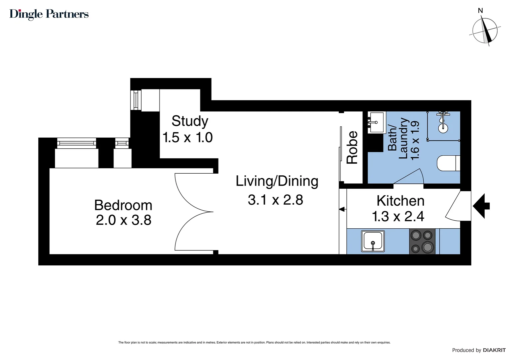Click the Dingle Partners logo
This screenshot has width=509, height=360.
pyautogui.click(x=49, y=14)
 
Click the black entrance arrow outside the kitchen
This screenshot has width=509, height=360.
pyautogui.click(x=481, y=206)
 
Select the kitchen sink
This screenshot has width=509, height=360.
pyautogui.click(x=373, y=241)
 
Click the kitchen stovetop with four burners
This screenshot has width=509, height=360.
pyautogui.click(x=422, y=241)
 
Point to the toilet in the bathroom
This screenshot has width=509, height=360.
pyautogui.click(x=448, y=163)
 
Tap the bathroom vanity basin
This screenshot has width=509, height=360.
pyautogui.click(x=377, y=122)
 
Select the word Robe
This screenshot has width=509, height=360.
pyautogui.click(x=352, y=147)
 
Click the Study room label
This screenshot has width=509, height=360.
pyautogui.click(x=190, y=121)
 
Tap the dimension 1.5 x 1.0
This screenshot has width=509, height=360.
pyautogui.click(x=188, y=137)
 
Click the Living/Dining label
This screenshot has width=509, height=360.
pyautogui.click(x=277, y=181)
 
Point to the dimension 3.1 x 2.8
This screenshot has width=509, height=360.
pyautogui.click(x=275, y=200)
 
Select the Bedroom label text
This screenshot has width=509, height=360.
pyautogui.click(x=123, y=205)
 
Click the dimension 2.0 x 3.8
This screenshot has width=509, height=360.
pyautogui.click(x=124, y=220)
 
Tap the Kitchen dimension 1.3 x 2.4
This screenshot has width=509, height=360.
pyautogui.click(x=398, y=216)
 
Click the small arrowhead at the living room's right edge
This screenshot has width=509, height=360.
pyautogui.click(x=341, y=209)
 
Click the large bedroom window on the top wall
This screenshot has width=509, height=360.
pyautogui.click(x=77, y=143)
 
